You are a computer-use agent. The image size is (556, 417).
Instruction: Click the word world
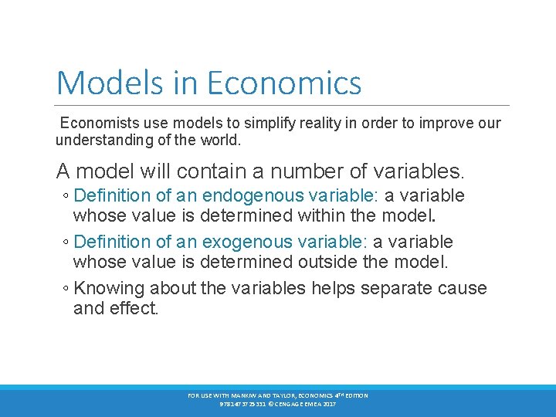[220, 141]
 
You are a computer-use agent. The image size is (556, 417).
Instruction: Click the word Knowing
[109, 289]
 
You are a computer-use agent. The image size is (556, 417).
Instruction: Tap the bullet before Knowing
[66, 289]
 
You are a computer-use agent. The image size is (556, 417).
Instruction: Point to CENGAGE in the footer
[297, 403]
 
